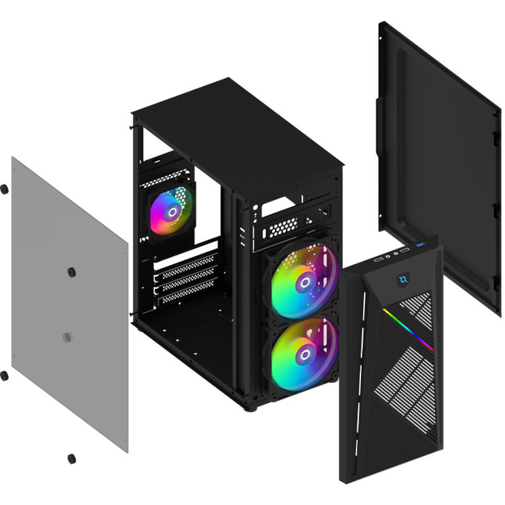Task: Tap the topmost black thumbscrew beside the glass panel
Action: pyautogui.click(x=4, y=188)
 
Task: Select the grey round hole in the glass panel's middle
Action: pyautogui.click(x=68, y=338)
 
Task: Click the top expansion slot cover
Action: pyautogui.click(x=186, y=262)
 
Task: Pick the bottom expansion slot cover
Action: pyautogui.click(x=186, y=292)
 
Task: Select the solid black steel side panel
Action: pyautogui.click(x=442, y=158)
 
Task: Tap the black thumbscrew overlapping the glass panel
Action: pyautogui.click(x=71, y=272)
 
